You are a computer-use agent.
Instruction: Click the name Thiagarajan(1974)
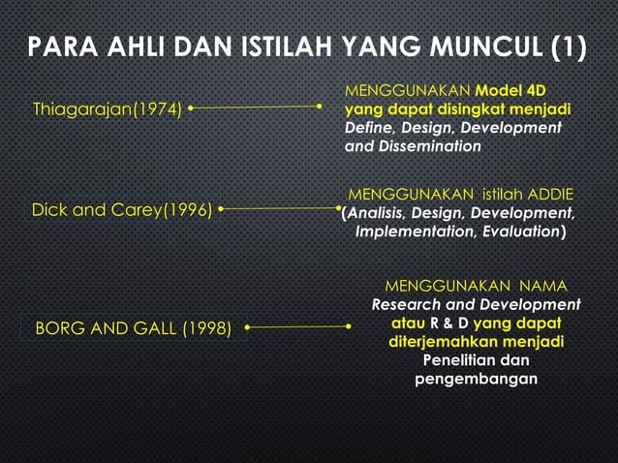click(107, 108)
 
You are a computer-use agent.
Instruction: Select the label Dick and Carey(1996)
click(122, 209)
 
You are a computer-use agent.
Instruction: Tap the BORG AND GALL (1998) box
click(134, 328)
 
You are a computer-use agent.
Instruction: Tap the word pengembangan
click(476, 379)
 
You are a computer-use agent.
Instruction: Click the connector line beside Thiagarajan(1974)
click(256, 107)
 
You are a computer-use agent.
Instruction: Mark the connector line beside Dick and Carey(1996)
click(281, 207)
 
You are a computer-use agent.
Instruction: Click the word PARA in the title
click(56, 47)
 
